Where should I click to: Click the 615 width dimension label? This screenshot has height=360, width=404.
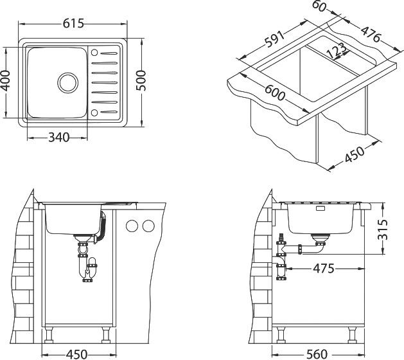point(73,24)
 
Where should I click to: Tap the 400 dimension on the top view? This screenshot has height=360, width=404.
point(6,81)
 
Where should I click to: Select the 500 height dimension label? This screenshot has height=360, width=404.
point(141,80)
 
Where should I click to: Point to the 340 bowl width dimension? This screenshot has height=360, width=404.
point(59,138)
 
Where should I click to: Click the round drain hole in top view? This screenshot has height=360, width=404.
point(68,82)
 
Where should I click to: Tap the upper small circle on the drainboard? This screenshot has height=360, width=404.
point(94,53)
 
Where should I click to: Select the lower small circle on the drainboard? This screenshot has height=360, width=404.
point(94,113)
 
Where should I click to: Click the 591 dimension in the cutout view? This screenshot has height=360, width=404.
point(275,39)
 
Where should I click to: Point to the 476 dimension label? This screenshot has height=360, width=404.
point(371,34)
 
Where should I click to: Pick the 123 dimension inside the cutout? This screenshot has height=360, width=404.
point(336,51)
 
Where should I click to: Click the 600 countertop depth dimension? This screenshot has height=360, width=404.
point(275,93)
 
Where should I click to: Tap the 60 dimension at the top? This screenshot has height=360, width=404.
point(319,6)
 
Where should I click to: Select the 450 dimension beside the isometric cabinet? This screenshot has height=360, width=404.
point(355,154)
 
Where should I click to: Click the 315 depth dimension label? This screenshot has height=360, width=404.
point(382,230)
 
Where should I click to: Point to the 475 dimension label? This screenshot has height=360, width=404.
point(324,269)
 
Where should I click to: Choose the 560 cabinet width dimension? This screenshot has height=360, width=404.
point(317,354)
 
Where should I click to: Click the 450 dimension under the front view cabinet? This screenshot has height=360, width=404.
point(77,354)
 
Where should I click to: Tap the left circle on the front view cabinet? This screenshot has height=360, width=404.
point(132,226)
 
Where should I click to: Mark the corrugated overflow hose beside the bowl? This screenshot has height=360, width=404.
point(103,227)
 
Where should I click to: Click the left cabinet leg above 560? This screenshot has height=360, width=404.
point(281,335)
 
